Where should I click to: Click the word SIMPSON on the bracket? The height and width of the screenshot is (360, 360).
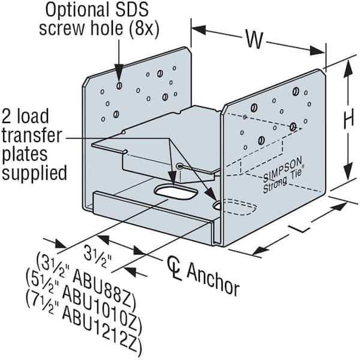283,170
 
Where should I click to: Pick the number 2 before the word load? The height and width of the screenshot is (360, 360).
8,116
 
